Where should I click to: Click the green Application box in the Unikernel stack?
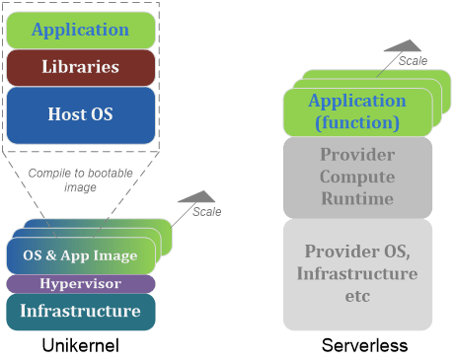[x=81, y=30]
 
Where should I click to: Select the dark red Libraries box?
[x=81, y=67]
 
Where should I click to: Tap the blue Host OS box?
[x=81, y=113]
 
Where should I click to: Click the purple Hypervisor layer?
[x=80, y=284]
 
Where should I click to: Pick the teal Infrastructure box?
[x=80, y=311]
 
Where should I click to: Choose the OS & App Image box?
[x=80, y=255]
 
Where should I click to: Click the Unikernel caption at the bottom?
[x=80, y=346]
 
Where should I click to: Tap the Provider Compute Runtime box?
[x=357, y=177]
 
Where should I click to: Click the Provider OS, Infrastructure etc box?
[x=357, y=272]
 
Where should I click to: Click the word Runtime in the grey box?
[x=357, y=198]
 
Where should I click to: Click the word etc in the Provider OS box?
[x=357, y=294]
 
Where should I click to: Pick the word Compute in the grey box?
[x=357, y=177]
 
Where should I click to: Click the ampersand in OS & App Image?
[x=53, y=255]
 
